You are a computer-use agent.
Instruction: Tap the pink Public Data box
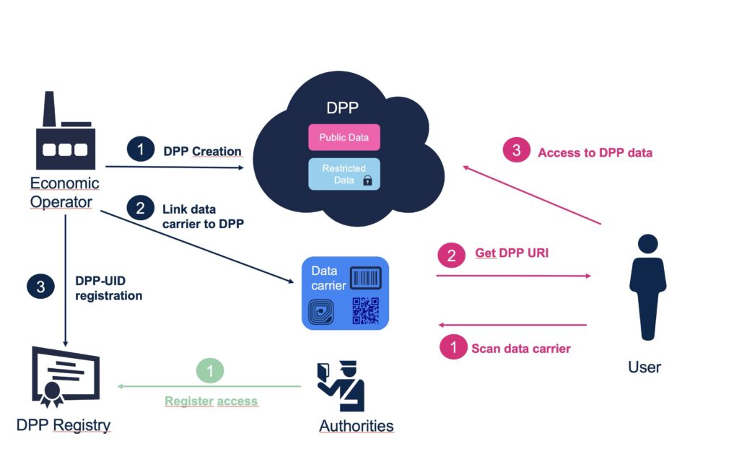click(344, 138)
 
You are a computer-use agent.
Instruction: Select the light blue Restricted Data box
click(344, 174)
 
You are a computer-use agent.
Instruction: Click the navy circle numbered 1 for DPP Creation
click(140, 150)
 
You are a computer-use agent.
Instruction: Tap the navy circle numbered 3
click(40, 287)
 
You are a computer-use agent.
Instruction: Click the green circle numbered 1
click(210, 371)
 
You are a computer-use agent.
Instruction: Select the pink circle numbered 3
click(516, 152)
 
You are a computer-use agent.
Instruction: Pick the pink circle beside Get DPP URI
click(452, 255)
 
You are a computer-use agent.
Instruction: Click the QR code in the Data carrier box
click(365, 310)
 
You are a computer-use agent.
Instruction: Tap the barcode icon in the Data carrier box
click(365, 279)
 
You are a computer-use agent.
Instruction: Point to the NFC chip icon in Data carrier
click(320, 312)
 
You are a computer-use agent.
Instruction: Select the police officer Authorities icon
click(341, 386)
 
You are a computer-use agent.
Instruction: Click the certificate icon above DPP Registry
click(64, 375)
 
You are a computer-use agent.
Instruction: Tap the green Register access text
click(211, 401)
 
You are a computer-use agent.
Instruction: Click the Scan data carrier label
click(520, 349)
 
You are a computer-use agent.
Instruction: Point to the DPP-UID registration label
click(108, 288)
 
